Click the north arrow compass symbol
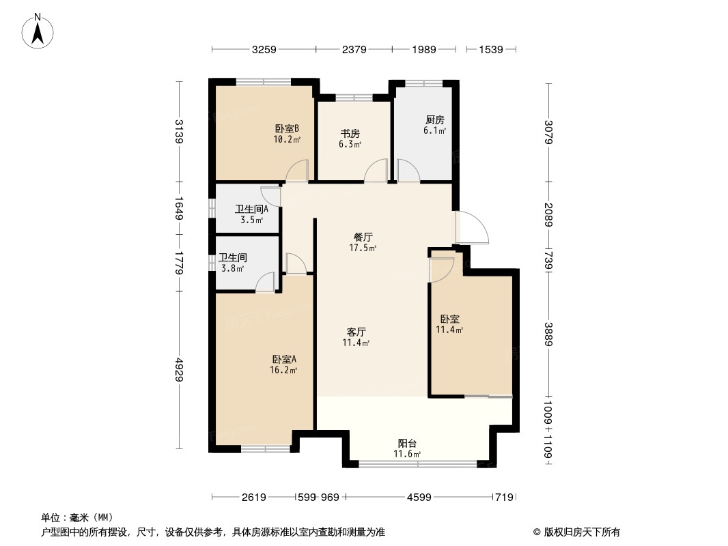tap(40, 30)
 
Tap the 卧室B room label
tap(287, 128)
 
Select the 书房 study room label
tap(350, 134)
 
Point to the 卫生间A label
tap(251, 210)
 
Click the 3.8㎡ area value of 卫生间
tap(232, 269)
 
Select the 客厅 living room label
tap(356, 332)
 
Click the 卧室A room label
tap(283, 360)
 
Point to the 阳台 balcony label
tap(407, 443)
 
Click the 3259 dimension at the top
tap(264, 49)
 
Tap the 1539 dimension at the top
tap(490, 49)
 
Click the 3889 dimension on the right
tap(549, 335)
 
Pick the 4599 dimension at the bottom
tap(419, 498)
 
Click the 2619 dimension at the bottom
tap(253, 498)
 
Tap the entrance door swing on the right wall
tap(471, 229)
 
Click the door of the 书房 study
tap(376, 171)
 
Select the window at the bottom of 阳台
tap(418, 464)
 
